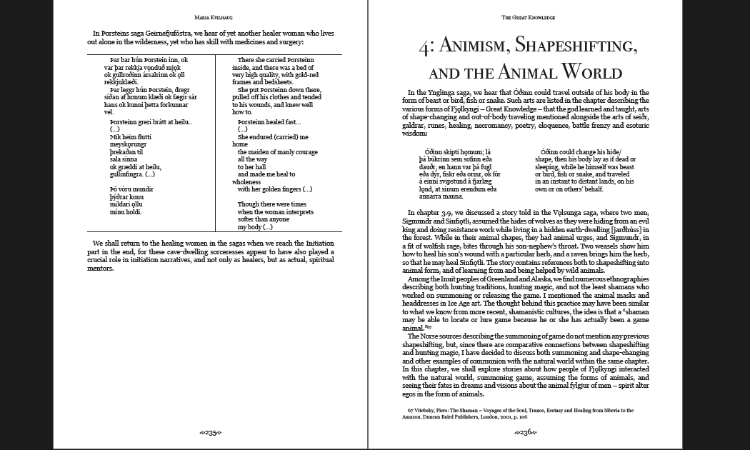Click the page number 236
(x=527, y=432)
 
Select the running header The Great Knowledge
(x=528, y=17)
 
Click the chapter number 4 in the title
(x=426, y=47)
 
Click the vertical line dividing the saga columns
(x=216, y=143)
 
